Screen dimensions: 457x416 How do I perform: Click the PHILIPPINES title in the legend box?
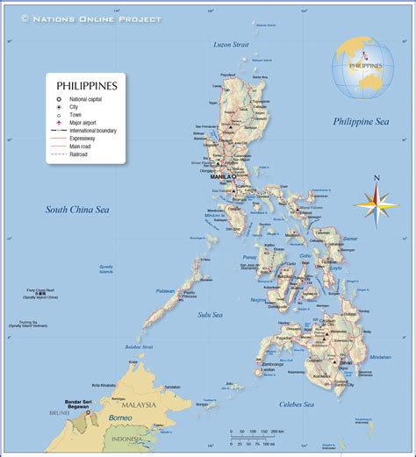[87, 86]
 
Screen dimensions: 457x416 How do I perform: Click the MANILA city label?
[223, 176]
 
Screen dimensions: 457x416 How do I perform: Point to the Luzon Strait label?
[231, 44]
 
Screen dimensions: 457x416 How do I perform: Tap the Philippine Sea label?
[361, 121]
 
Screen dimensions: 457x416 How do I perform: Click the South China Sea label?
[77, 209]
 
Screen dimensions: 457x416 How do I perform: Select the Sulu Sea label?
[210, 314]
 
